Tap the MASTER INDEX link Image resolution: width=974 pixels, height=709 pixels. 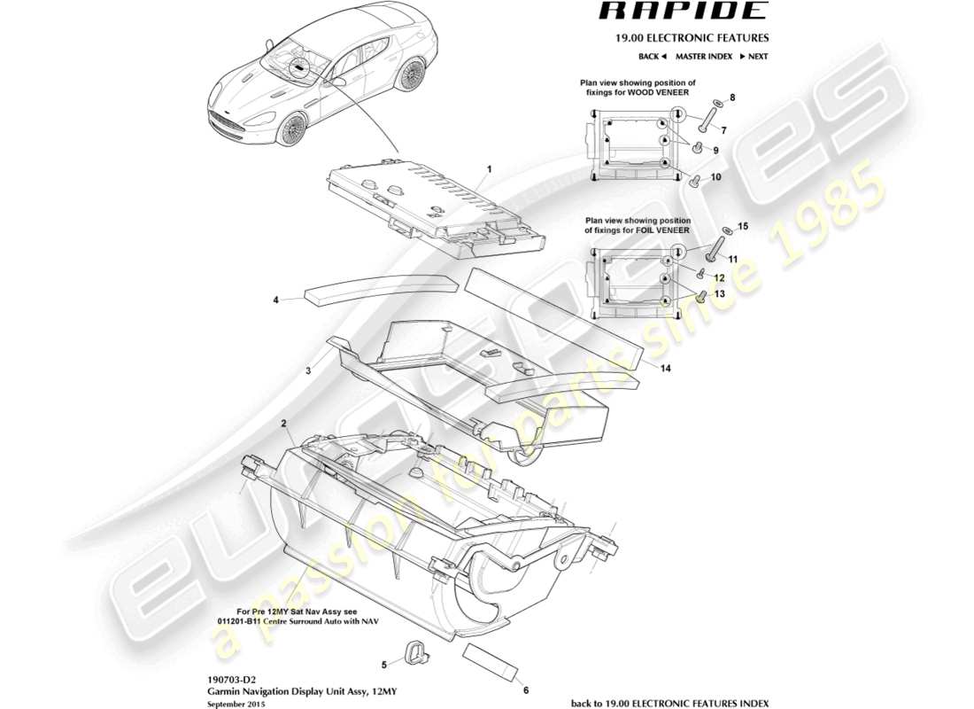(703, 56)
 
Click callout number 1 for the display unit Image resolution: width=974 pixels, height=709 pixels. (488, 168)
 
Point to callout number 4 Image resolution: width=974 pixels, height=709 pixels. (275, 300)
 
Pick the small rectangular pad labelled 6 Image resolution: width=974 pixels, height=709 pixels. (489, 661)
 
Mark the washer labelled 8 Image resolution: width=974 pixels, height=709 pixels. (718, 104)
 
